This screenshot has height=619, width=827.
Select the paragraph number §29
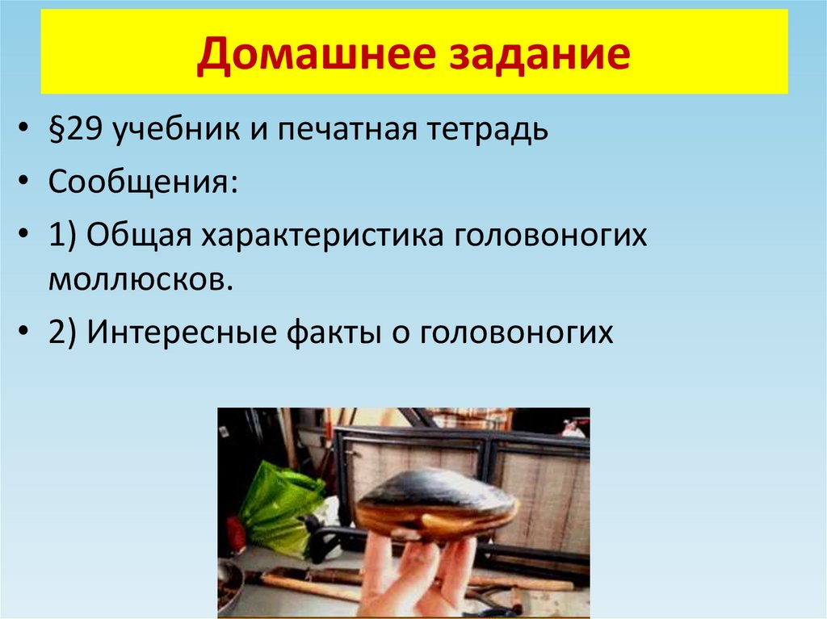click(75, 131)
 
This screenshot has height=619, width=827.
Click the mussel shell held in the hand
click(436, 504)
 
